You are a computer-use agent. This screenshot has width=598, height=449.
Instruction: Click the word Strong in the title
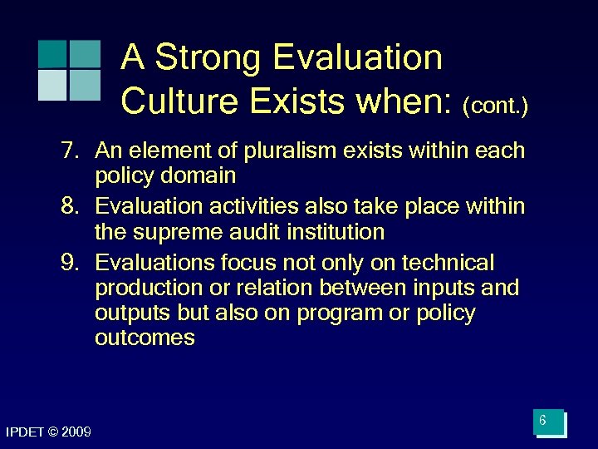[208, 58]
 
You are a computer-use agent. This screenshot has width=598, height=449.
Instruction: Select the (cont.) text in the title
[496, 106]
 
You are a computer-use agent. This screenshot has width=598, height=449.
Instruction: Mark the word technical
[448, 263]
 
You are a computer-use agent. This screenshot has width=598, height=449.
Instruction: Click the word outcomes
[145, 338]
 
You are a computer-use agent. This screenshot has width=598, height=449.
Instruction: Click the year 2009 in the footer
[76, 431]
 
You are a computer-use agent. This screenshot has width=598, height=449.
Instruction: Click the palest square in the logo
[52, 85]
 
